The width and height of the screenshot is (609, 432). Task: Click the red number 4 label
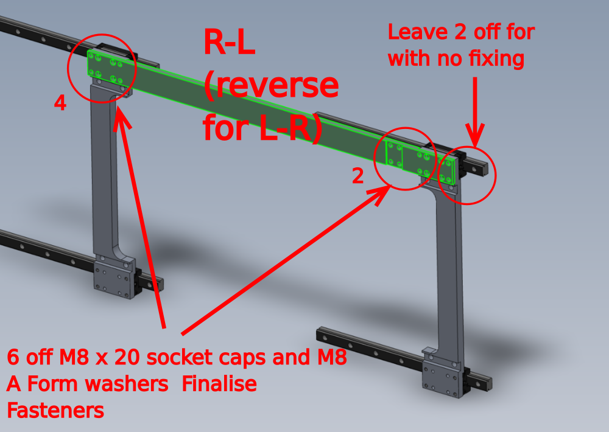[x=60, y=103]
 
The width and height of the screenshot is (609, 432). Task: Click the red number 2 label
[x=357, y=176]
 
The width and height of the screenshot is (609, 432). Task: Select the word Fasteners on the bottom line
[x=55, y=410]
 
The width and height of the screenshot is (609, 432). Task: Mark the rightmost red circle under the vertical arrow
[x=468, y=175]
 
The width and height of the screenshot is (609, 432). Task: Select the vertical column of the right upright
[x=449, y=274]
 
